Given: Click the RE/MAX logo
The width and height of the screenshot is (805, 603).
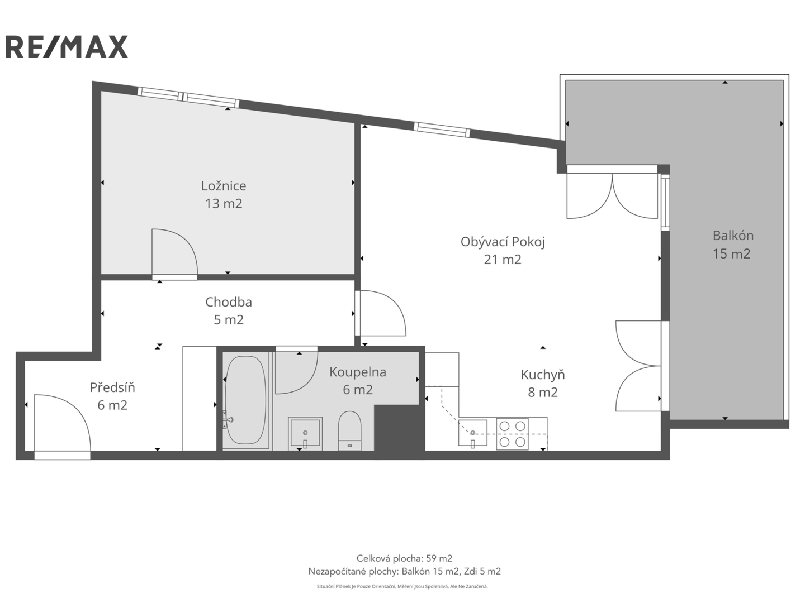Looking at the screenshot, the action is pos(67,47).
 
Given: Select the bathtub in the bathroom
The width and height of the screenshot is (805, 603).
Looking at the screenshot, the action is pos(245,400).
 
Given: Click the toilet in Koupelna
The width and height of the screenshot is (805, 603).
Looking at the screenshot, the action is pos(349,431).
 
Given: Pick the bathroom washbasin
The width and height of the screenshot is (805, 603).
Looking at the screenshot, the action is pos(305,433).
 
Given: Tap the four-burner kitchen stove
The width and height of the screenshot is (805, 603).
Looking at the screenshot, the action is pos(512,434).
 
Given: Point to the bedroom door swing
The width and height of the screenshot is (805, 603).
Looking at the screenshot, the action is pos(174,252).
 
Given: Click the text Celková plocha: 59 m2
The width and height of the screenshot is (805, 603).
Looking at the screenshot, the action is pos(404,558).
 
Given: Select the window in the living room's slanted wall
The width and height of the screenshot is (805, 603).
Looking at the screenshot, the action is pos(442,130).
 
